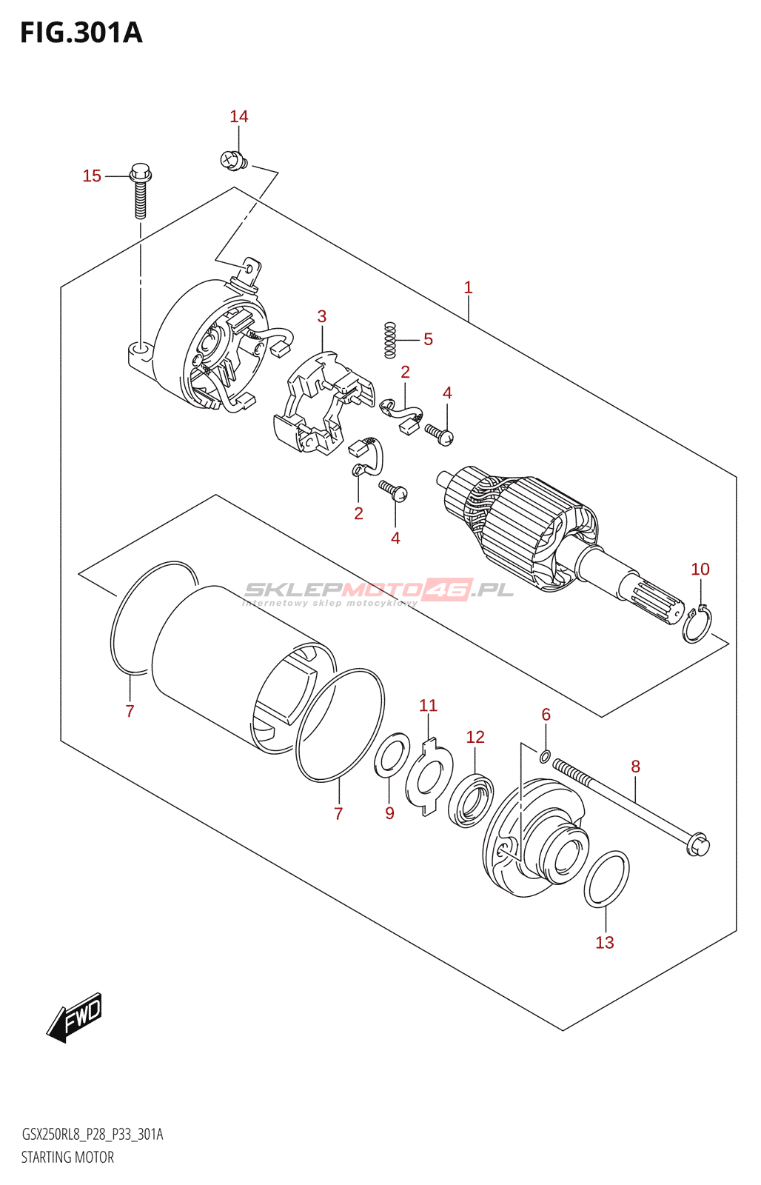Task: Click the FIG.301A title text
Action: coord(81,33)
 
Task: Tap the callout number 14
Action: coord(238,116)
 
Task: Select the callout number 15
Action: coord(92,176)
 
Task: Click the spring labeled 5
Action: coord(390,340)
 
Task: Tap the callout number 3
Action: coord(322,316)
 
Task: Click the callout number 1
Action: coord(468,287)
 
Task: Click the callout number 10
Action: coord(700,569)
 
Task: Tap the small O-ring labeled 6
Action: coord(546,756)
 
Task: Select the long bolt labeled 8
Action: coord(629,808)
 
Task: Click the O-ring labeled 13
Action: coord(606,879)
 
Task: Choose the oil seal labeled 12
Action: coord(472,800)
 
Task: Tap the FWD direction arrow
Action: coord(75,1017)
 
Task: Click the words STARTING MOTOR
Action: coord(67,1157)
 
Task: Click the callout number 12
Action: coord(475,737)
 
